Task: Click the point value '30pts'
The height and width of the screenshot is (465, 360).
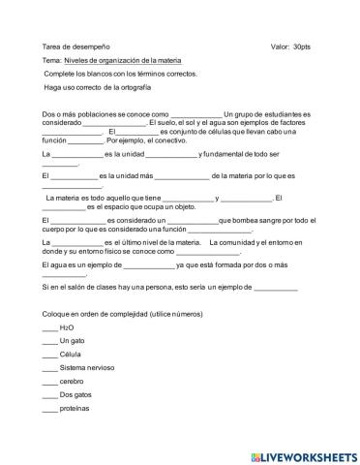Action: [302, 46]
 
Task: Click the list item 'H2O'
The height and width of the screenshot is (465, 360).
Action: [67, 329]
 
